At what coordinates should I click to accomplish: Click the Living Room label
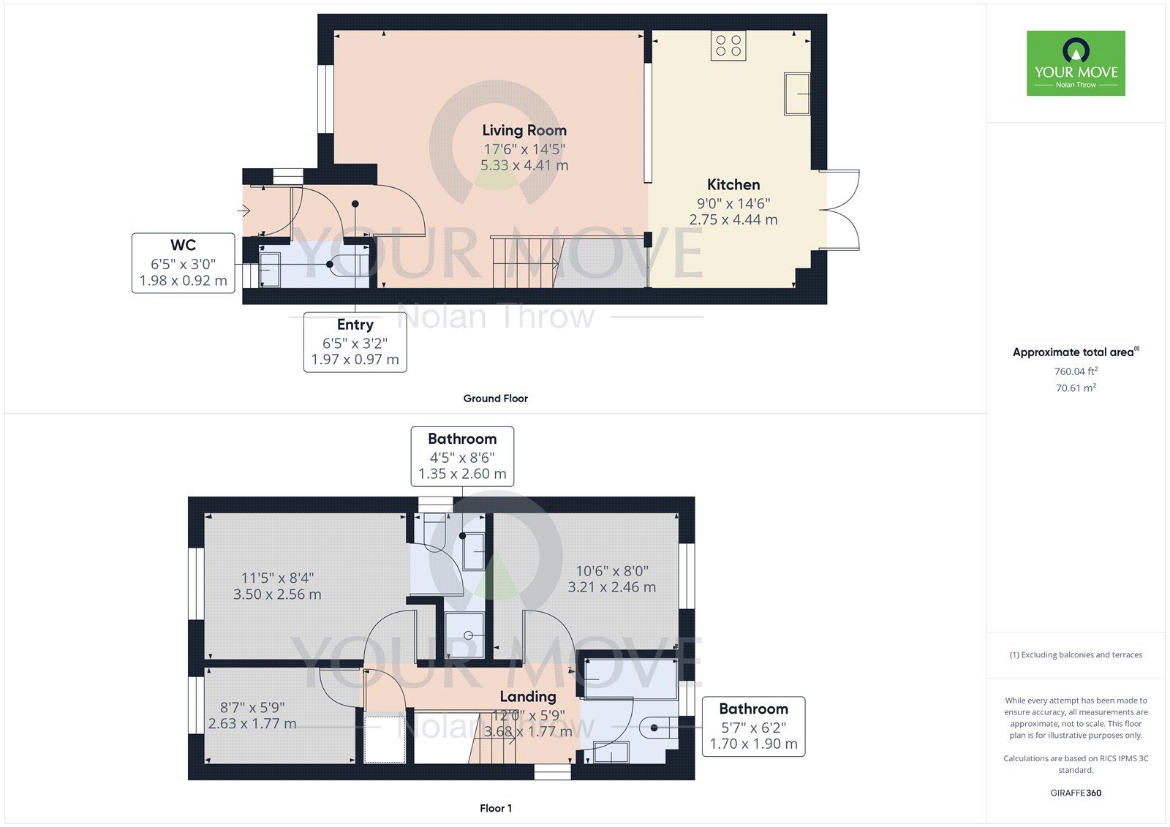(x=524, y=130)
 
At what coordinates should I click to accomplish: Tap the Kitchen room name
(x=733, y=184)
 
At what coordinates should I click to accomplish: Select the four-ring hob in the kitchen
(x=728, y=45)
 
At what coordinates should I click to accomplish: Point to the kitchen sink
(x=796, y=94)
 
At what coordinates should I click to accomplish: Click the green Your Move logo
(x=1076, y=63)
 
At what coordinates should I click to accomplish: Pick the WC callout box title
(x=183, y=245)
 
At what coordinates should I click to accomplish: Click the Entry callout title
(x=355, y=325)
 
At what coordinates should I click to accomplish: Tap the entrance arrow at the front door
(x=244, y=211)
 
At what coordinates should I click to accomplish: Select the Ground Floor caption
(x=495, y=399)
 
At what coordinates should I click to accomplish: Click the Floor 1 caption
(x=496, y=808)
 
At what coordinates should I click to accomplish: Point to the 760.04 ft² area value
(x=1076, y=371)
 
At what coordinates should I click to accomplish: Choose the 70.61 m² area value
(x=1076, y=388)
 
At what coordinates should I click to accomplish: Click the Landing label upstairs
(x=527, y=696)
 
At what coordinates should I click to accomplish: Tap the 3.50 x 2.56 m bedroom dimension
(x=277, y=594)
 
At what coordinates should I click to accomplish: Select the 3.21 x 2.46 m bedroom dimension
(x=611, y=587)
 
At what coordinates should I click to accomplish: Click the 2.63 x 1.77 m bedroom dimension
(x=252, y=724)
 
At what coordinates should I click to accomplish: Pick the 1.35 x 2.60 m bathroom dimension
(x=462, y=474)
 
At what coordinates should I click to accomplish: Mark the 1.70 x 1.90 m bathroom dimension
(x=753, y=744)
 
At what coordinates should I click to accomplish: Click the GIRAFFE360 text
(x=1076, y=793)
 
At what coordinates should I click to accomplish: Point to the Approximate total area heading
(x=1076, y=352)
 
